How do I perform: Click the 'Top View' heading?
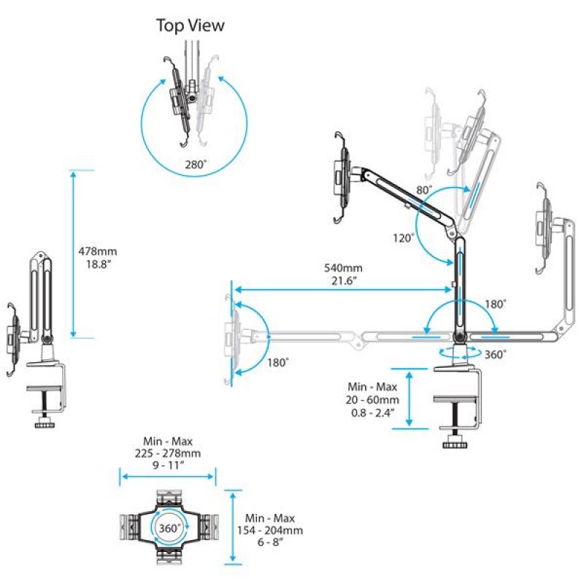coord(191,26)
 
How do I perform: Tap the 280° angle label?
coord(196,165)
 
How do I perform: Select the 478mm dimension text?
coord(97,250)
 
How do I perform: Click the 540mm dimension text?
coord(340,267)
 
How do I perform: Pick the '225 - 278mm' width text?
coord(168,453)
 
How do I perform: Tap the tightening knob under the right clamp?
coord(457,444)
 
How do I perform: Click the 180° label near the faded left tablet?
coord(277,362)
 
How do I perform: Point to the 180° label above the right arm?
coord(496,304)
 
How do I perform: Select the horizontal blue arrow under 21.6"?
coord(342,291)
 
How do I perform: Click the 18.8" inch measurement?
coord(97,264)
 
